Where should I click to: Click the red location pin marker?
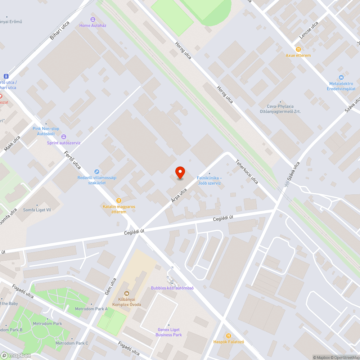coord(180,173)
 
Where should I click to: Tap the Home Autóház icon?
coord(93,19)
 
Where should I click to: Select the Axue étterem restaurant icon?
coord(298,49)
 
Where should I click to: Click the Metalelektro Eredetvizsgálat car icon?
coord(341,77)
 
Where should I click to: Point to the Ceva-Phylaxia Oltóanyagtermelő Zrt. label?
coord(280,109)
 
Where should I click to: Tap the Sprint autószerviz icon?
coord(64,137)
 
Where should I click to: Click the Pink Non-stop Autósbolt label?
coord(46,131)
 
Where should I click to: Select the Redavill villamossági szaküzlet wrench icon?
coord(96,172)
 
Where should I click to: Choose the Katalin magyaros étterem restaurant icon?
coord(118,201)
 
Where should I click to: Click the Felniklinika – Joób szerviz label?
coord(209,181)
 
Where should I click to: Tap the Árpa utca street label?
coord(179,195)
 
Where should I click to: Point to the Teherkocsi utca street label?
coord(247,172)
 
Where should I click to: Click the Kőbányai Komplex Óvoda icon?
coord(126,293)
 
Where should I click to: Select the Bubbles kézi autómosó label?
coord(172,288)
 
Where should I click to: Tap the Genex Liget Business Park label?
coord(168,332)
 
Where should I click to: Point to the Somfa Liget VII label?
coord(37,210)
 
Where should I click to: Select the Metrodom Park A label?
coord(91,309)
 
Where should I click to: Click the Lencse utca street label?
coord(309,30)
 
